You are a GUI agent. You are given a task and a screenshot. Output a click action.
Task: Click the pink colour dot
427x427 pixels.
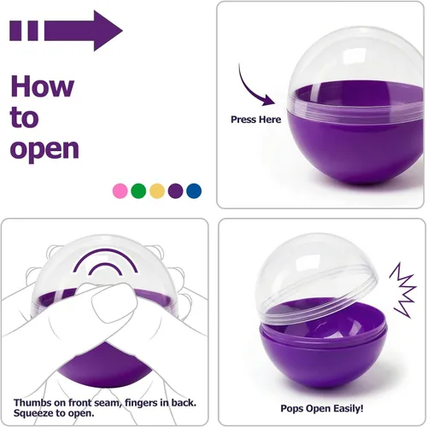120,190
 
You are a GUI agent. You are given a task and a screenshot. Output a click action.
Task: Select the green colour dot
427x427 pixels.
138,190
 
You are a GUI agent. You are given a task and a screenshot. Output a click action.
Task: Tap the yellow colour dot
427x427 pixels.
157,190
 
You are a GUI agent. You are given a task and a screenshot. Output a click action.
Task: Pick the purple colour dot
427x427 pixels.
175,190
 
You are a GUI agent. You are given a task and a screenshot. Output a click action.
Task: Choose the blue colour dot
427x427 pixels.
194,190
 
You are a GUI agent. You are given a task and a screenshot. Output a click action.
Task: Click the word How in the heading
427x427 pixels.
43,86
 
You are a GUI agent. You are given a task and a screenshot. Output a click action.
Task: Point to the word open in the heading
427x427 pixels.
44,149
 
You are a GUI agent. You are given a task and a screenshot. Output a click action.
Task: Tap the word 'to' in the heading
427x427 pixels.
24,117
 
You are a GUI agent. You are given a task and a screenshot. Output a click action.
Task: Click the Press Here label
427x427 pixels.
255,120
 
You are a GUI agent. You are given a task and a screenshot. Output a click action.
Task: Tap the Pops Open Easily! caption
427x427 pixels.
322,408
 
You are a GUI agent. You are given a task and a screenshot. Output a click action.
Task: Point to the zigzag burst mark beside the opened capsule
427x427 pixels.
402,290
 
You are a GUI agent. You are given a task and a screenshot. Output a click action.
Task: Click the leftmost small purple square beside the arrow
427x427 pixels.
15,31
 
